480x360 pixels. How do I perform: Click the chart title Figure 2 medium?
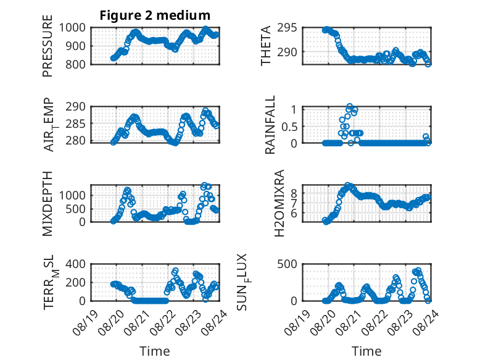(155, 15)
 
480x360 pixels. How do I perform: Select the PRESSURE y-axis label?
(48, 46)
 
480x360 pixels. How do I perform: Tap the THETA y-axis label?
(266, 46)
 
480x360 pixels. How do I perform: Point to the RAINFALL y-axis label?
(270, 125)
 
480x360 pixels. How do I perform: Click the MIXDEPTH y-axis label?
(48, 204)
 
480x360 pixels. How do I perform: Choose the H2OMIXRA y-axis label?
(279, 203)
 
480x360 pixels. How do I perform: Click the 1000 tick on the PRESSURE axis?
(72, 28)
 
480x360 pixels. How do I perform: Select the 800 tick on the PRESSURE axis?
(76, 64)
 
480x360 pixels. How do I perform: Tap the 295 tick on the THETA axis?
(287, 28)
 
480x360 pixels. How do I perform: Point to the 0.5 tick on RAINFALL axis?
(289, 127)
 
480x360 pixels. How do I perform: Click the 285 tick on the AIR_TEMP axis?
(76, 124)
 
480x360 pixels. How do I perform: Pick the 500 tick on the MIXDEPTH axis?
(76, 209)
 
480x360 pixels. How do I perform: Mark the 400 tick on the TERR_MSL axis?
(76, 264)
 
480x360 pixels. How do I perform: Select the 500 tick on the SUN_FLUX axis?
(287, 264)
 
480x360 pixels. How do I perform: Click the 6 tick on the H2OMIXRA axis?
(294, 213)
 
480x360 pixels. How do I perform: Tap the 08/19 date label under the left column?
(85, 322)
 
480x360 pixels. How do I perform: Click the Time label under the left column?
(155, 351)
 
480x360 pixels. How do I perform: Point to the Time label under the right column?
(366, 351)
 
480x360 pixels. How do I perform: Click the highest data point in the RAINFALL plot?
(350, 106)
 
